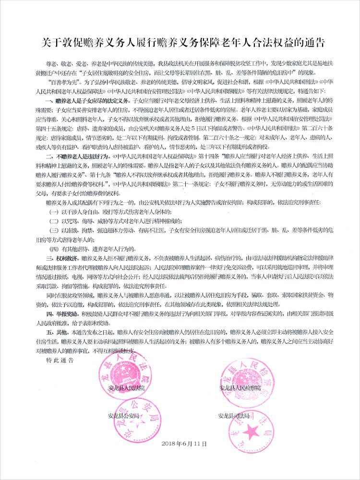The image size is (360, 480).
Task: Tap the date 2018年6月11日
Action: [185, 444]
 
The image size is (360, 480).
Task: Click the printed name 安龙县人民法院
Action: [126, 387]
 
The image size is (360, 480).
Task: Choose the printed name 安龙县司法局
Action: [234, 416]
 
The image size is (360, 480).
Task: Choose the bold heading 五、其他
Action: [58, 331]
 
